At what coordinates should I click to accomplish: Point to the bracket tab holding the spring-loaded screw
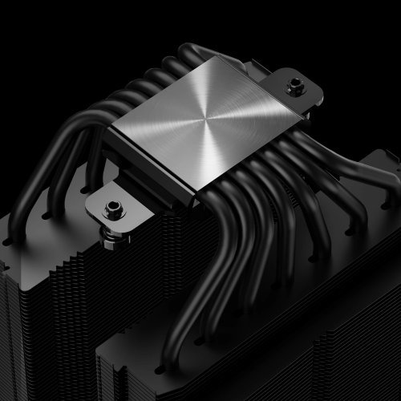116,205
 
